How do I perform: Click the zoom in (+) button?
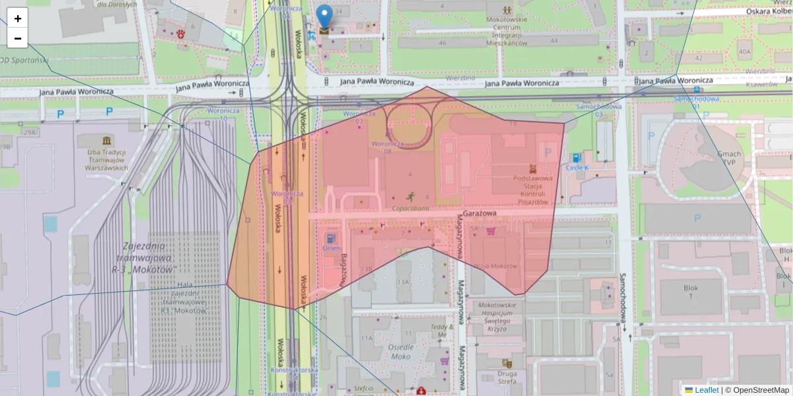18,18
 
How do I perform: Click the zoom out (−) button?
18,38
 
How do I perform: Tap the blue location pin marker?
324,17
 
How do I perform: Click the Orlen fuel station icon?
330,237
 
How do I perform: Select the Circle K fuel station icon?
577,158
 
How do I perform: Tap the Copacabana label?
410,208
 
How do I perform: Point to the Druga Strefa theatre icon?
507,363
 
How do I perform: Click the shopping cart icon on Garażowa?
490,231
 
